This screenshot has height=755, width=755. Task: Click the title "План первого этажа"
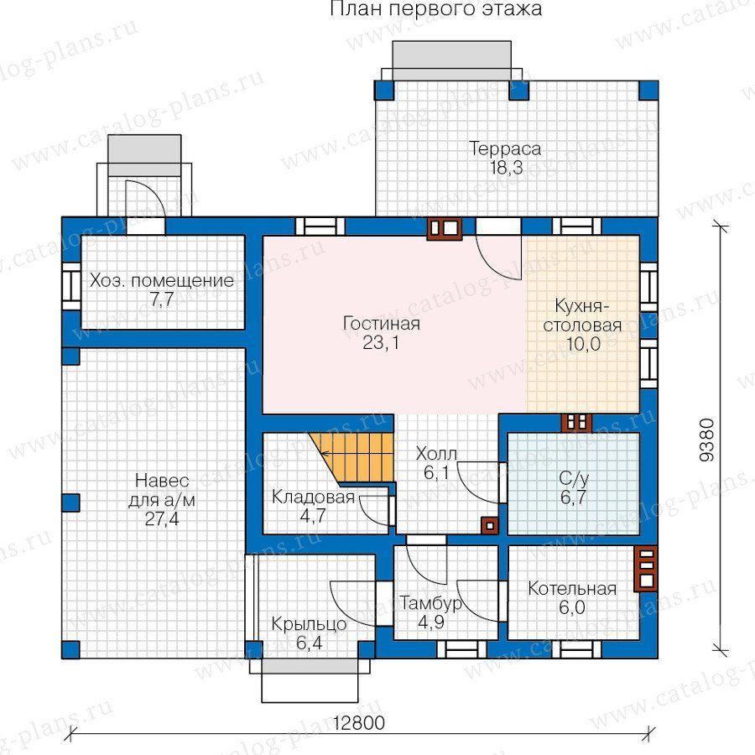coord(435,9)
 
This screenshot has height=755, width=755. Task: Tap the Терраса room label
coord(505,148)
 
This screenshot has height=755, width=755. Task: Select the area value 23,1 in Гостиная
coord(381,343)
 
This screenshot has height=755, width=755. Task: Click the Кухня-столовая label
coord(582,315)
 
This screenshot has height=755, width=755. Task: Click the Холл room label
coord(436,454)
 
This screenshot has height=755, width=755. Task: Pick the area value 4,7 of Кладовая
coord(313,516)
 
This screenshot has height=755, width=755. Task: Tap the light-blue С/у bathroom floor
coord(574,483)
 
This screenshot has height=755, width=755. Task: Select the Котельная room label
coord(572,588)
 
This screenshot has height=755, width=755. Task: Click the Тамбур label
coord(431,603)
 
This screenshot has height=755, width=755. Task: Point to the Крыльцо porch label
coord(309,624)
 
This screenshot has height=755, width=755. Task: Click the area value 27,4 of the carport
coord(162,519)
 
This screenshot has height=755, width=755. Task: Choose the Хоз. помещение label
coord(162,280)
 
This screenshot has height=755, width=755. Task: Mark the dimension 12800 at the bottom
coord(359,723)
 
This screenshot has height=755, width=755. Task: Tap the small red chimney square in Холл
coord(490,526)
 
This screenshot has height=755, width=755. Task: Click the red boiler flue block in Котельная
coord(646,568)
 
